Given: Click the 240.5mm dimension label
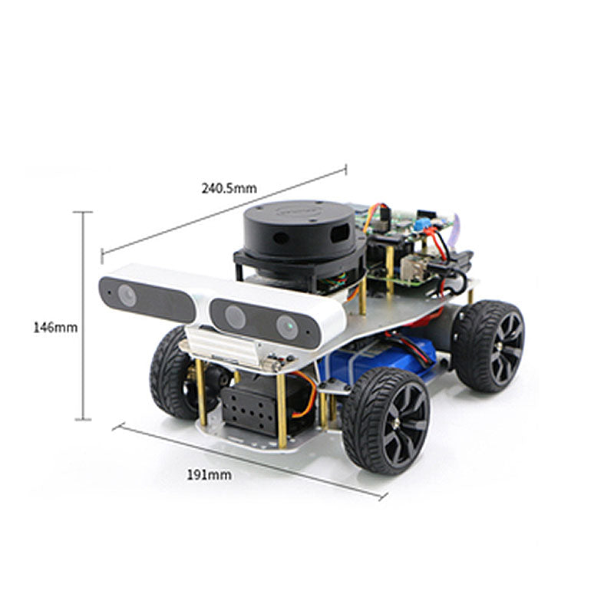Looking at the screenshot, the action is pyautogui.click(x=229, y=188).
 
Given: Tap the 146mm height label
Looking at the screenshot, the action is pyautogui.click(x=55, y=327).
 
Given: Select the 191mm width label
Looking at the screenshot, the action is pyautogui.click(x=209, y=475).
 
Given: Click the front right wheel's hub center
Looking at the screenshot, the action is pyautogui.click(x=397, y=423).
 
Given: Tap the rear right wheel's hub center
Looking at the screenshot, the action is pyautogui.click(x=500, y=348).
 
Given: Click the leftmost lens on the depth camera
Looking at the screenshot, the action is pyautogui.click(x=127, y=295).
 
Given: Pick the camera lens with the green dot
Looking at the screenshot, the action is pyautogui.click(x=287, y=327).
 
